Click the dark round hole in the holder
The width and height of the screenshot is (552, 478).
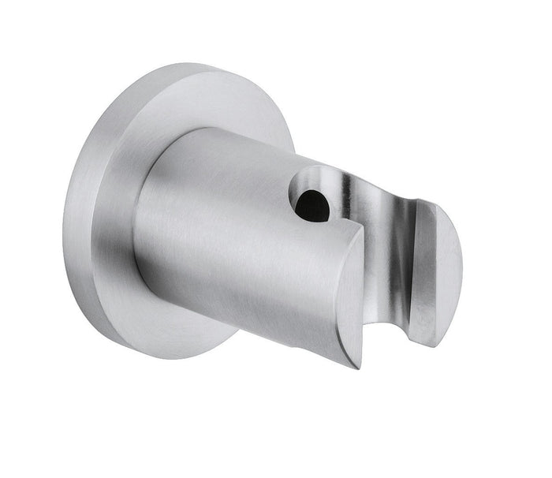click(313, 206)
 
